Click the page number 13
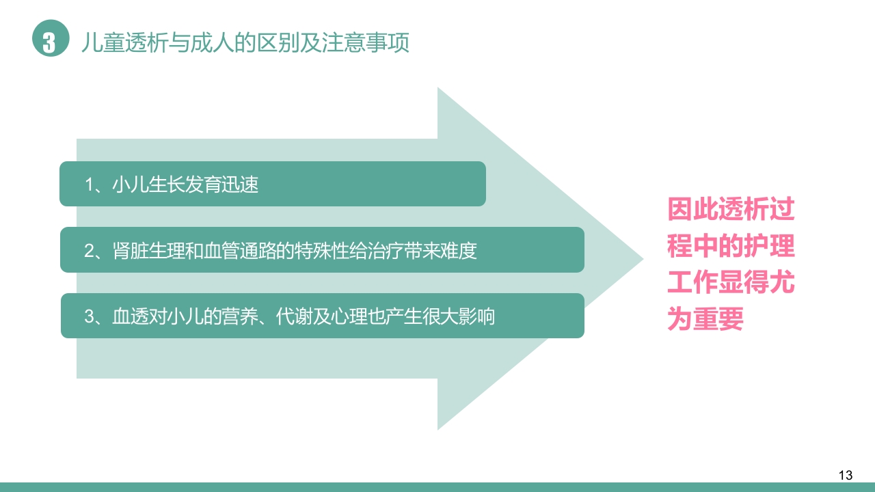tap(845, 476)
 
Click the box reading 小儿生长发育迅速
tap(272, 184)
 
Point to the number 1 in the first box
tap(89, 184)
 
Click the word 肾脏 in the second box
tap(126, 251)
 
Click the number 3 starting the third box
tap(89, 317)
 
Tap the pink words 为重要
tap(705, 320)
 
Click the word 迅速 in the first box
tap(241, 184)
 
